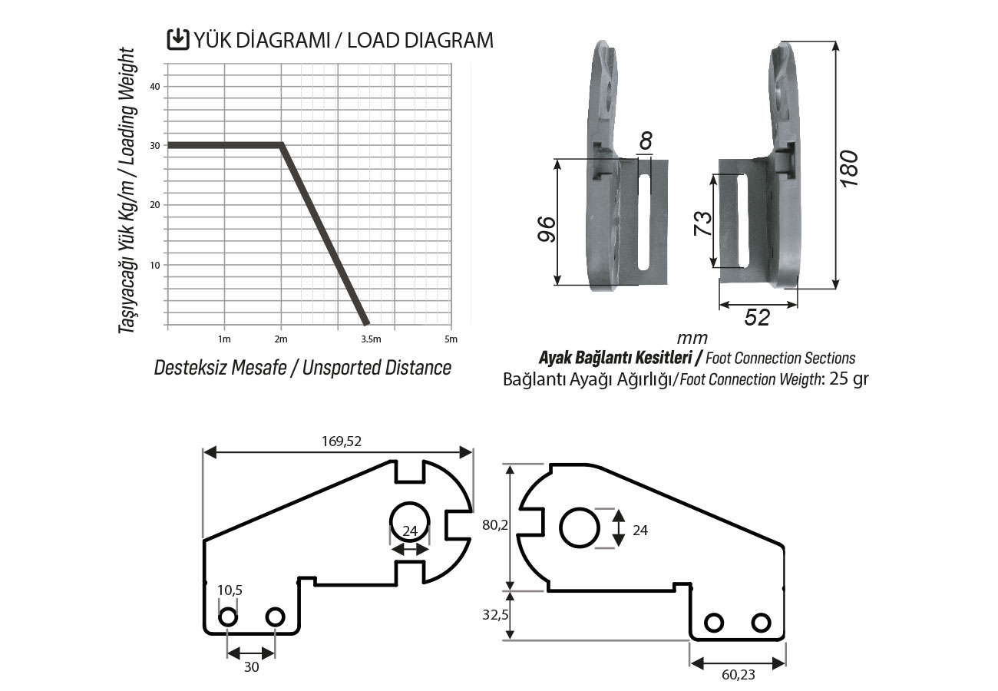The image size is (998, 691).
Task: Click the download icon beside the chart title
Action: pos(178,39)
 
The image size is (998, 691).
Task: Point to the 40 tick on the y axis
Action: pos(155,86)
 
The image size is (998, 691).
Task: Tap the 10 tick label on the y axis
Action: pos(155,265)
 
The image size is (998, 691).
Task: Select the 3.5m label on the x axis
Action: pos(370,339)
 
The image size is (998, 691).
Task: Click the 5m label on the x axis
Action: pos(451,339)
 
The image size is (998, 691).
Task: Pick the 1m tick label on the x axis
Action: pos(224,339)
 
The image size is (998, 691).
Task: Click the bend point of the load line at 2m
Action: pos(282,145)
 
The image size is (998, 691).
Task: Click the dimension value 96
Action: pos(546,230)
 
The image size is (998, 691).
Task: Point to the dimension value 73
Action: pos(702,222)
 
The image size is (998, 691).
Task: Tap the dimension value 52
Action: pos(758,317)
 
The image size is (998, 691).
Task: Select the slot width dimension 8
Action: pos(646,141)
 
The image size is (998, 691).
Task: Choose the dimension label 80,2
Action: pos(496,525)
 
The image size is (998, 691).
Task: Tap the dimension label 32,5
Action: pos(496,615)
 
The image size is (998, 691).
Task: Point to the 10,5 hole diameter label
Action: pos(229,590)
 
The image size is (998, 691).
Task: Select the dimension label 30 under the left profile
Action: pos(251,667)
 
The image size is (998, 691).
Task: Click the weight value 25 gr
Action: pos(848,379)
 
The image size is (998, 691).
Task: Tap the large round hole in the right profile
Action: pos(580,527)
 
